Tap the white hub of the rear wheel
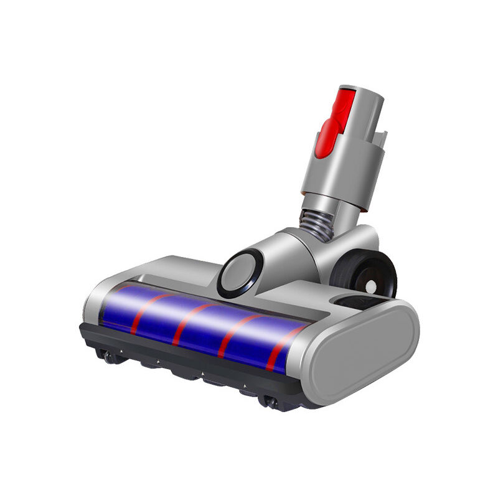pos(372,287)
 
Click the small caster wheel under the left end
pos(110,357)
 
